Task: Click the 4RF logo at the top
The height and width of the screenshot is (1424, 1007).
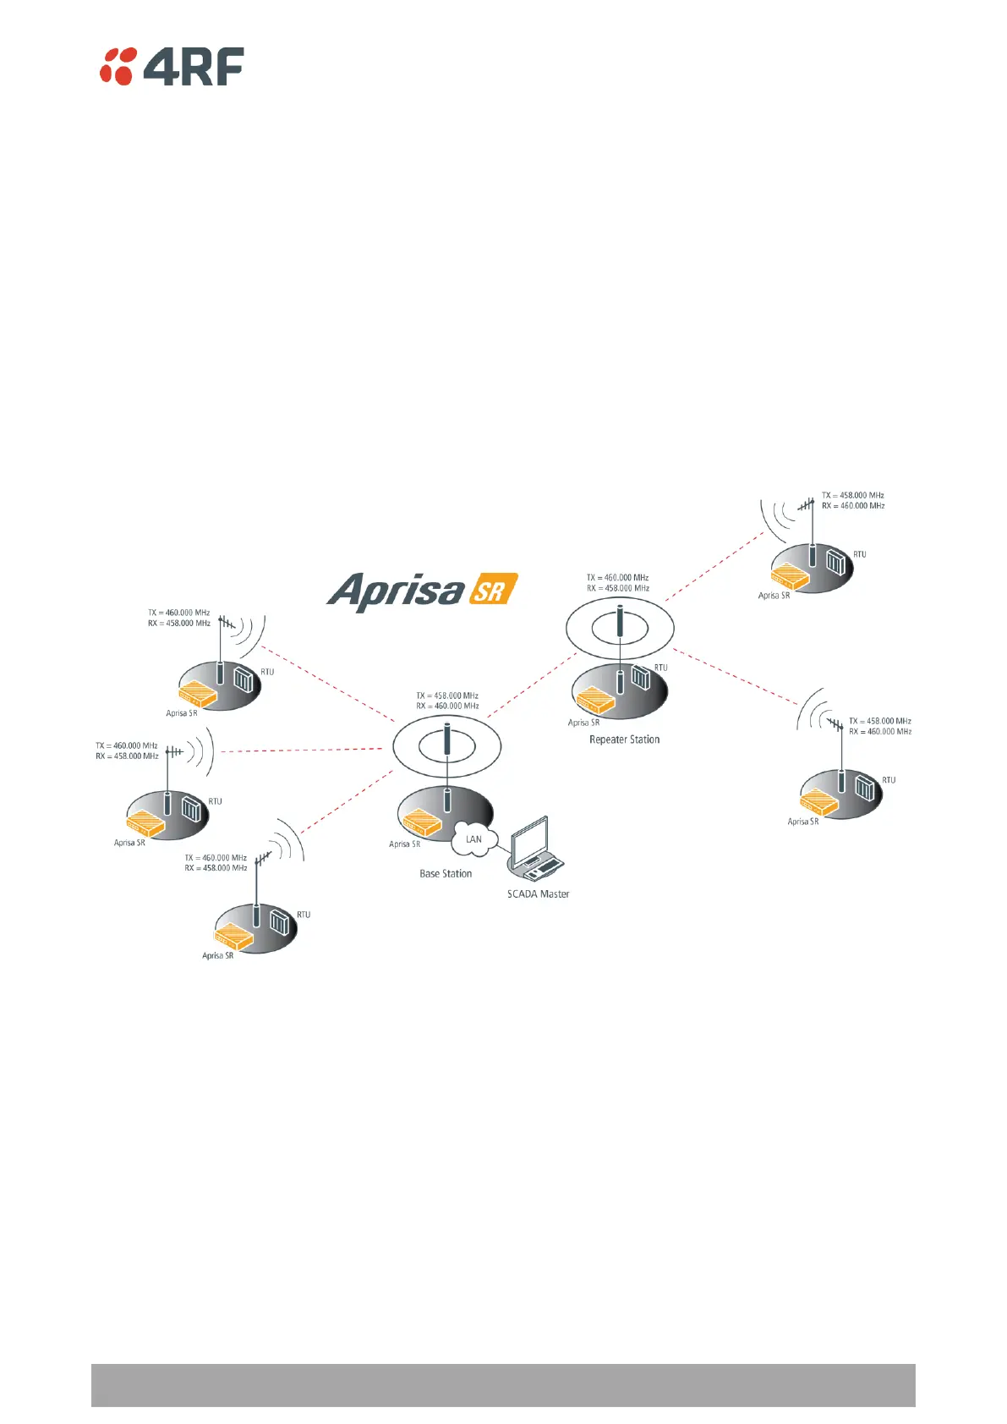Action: click(x=172, y=66)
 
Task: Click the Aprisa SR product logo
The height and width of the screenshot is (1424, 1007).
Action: click(x=421, y=591)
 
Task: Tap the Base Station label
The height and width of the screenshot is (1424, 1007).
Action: click(x=446, y=874)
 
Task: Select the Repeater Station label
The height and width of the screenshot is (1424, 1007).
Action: click(x=624, y=739)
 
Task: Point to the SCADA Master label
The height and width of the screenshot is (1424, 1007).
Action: click(x=538, y=894)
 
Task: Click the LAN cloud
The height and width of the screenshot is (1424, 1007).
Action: click(x=473, y=839)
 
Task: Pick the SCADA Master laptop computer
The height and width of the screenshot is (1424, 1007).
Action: click(x=539, y=847)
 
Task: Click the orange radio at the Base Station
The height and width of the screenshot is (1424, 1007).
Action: click(x=420, y=822)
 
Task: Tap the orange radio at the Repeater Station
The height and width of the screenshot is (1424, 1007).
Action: click(x=595, y=700)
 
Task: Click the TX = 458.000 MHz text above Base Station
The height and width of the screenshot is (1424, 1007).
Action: click(x=447, y=696)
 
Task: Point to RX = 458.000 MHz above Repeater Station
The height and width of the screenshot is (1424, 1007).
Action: click(x=618, y=588)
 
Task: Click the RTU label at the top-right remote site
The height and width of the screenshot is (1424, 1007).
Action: click(x=859, y=555)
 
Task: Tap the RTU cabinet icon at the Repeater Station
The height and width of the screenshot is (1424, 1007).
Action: click(x=640, y=678)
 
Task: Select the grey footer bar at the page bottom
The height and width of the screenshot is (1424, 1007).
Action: click(x=503, y=1384)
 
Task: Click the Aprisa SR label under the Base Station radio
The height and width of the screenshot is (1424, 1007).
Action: click(x=404, y=844)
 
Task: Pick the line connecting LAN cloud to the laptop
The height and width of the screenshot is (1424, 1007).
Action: click(x=505, y=849)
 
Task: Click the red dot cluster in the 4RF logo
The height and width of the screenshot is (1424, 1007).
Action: click(x=118, y=66)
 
